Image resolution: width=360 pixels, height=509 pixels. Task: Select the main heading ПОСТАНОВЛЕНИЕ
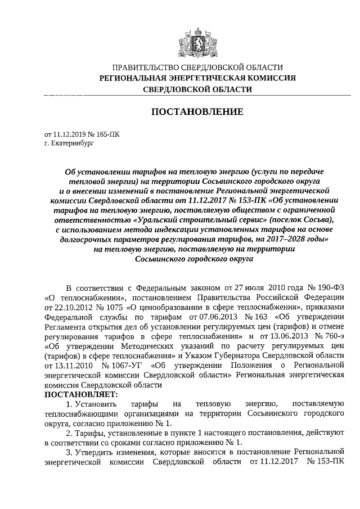click(x=197, y=112)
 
